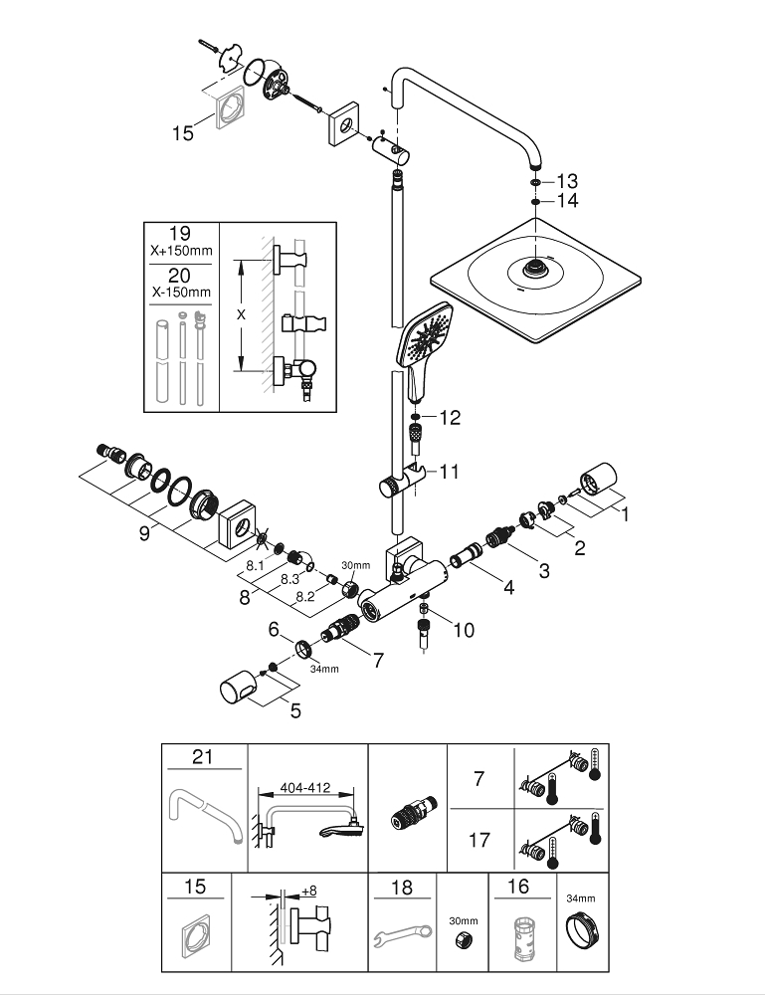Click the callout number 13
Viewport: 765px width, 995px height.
click(567, 181)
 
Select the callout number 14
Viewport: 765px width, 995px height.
click(567, 201)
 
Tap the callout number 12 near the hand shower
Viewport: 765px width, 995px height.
click(451, 418)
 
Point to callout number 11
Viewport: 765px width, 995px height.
click(451, 470)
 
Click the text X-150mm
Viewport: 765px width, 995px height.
click(180, 292)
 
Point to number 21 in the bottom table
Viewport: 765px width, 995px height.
click(203, 758)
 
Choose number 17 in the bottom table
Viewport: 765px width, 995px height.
click(478, 840)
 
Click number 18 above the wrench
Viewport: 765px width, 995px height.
click(402, 888)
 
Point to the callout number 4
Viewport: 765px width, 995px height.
click(509, 587)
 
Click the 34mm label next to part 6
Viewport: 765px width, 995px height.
click(323, 669)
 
